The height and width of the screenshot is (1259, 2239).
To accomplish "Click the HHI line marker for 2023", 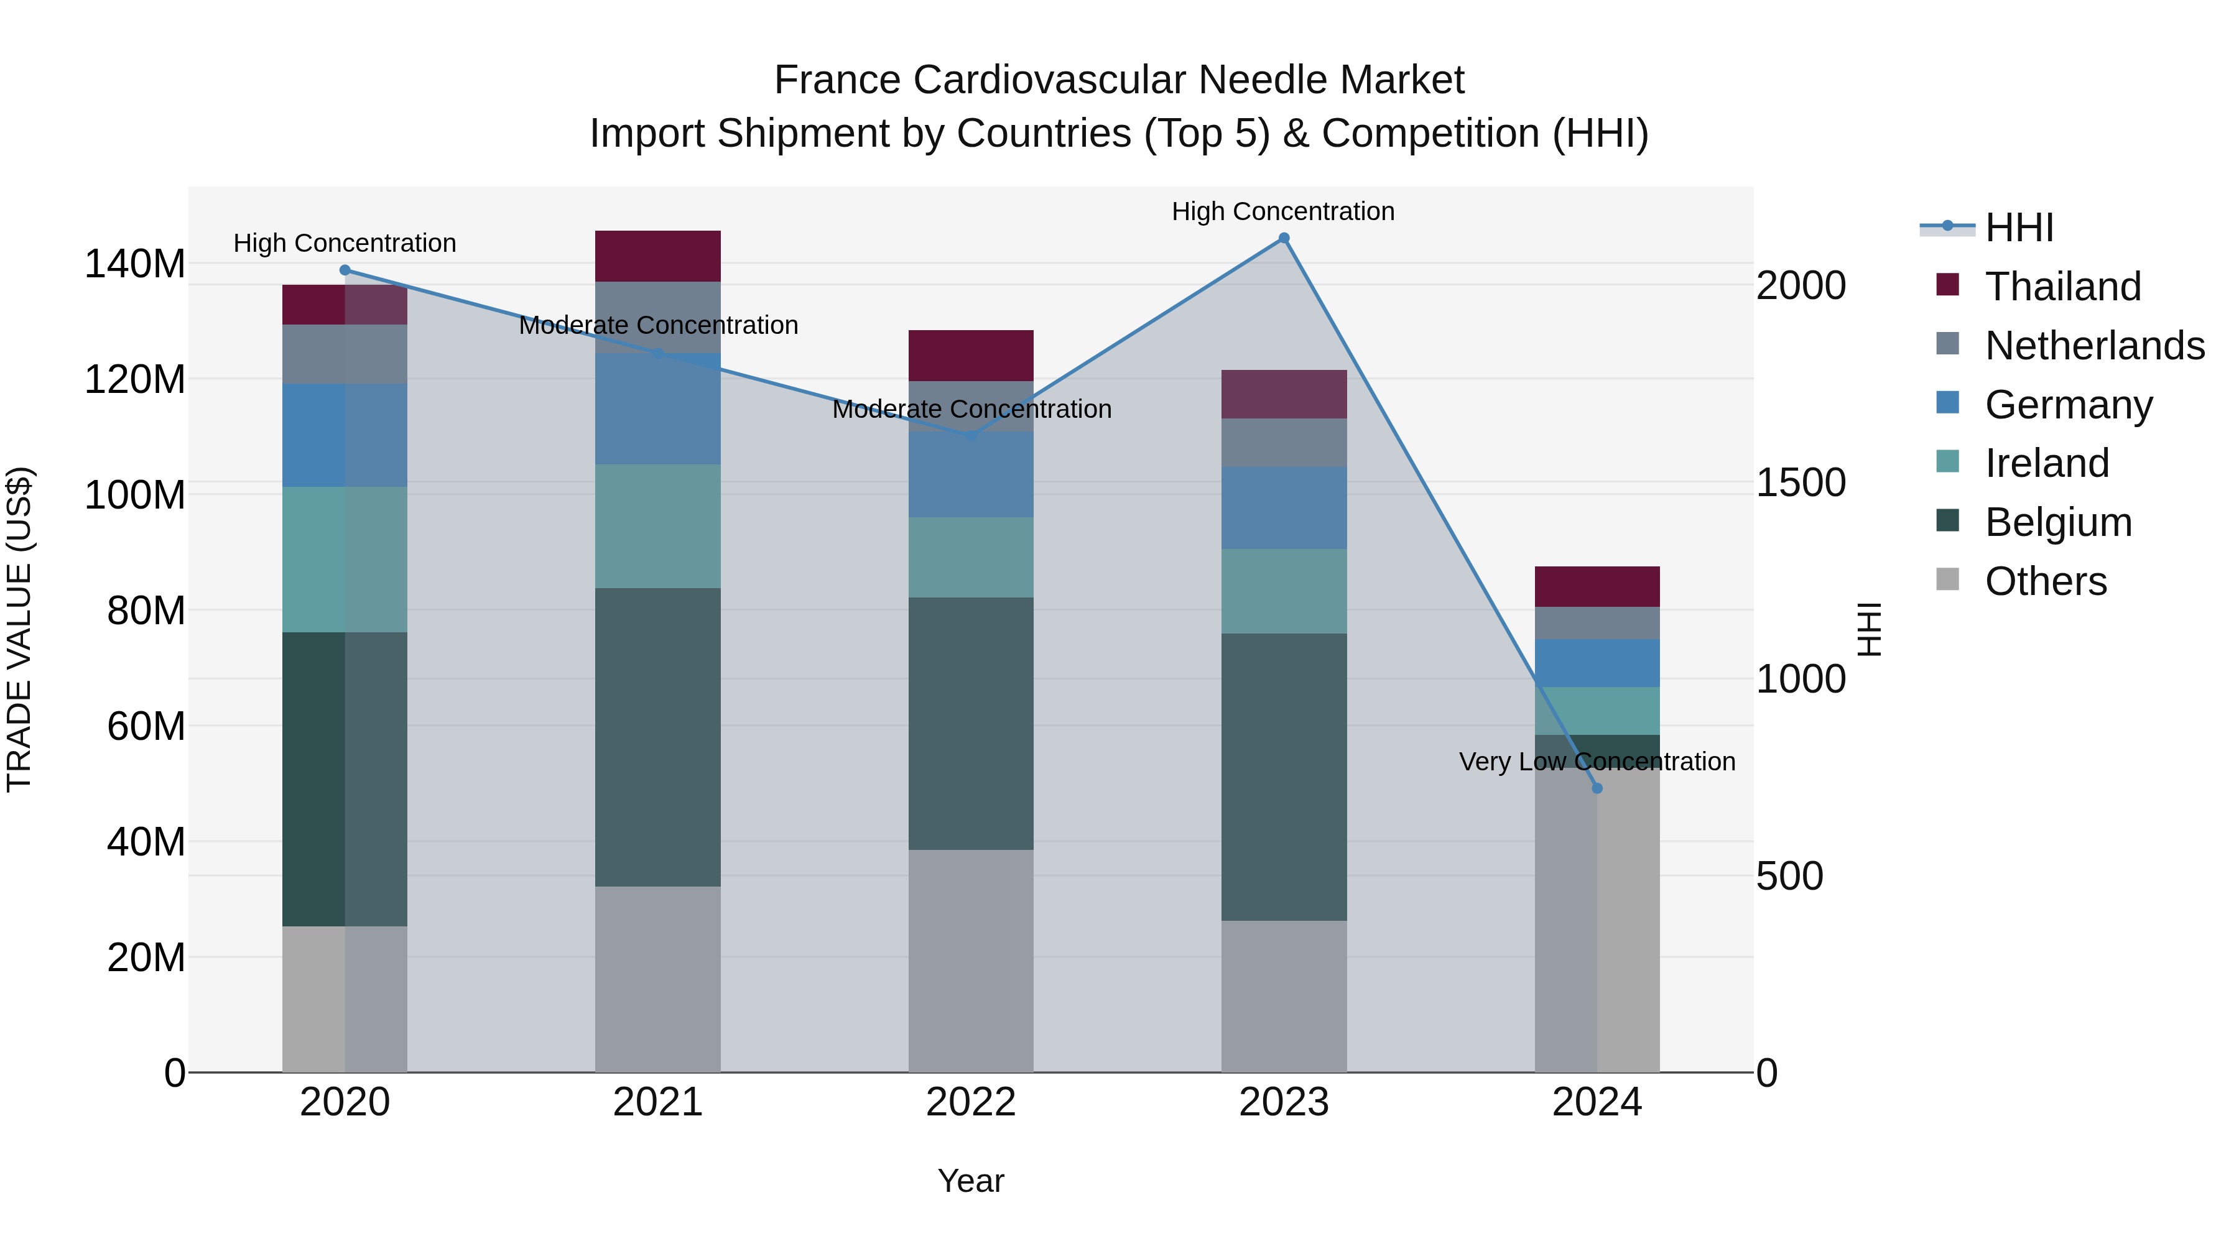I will click(x=1284, y=238).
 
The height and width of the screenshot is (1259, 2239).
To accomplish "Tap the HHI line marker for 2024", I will click(x=1597, y=788).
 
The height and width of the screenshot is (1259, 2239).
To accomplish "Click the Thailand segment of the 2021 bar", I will click(x=657, y=256).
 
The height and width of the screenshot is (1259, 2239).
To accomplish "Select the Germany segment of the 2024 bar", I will click(x=1597, y=663).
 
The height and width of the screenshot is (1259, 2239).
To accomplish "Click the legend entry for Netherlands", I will click(x=2094, y=346).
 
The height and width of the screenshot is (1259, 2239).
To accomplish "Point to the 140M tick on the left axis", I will click(x=135, y=263).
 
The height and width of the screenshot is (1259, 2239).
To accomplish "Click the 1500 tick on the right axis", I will click(x=1801, y=482).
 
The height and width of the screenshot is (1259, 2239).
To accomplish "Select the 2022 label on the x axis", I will click(x=970, y=1102).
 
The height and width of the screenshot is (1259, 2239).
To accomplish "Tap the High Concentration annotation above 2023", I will click(x=1283, y=211).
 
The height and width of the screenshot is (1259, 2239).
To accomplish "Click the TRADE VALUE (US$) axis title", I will click(x=19, y=629).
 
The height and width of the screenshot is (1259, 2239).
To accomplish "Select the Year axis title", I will click(x=970, y=1181).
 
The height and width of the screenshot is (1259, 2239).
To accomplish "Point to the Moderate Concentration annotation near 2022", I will click(x=971, y=408).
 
